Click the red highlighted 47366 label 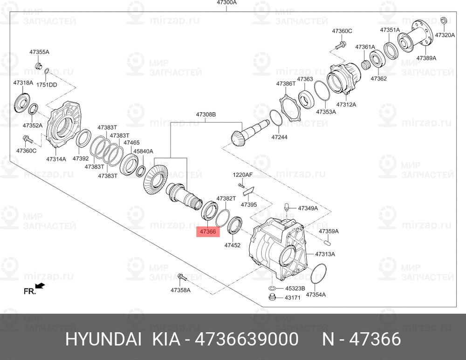tap(208, 231)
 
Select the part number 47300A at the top tap(226, 2)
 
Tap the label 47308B tap(206, 115)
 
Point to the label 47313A tap(325, 254)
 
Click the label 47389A tap(426, 58)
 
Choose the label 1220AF tap(242, 175)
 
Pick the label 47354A tap(315, 294)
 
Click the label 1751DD tap(47, 85)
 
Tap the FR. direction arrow tap(40, 286)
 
